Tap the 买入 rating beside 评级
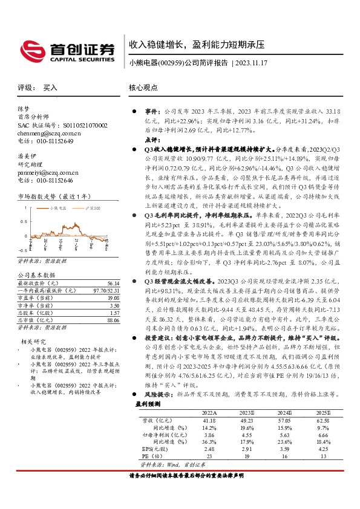coord(50,88)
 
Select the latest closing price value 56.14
coord(113,266)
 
